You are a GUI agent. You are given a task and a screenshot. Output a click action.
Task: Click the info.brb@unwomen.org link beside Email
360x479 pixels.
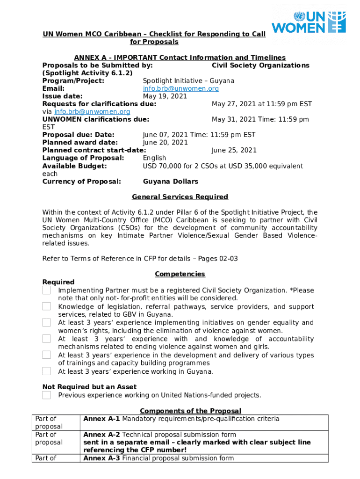[x=180, y=88]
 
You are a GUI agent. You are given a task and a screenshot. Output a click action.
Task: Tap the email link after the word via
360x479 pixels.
[x=92, y=112]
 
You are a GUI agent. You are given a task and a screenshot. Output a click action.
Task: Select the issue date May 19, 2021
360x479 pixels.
[x=165, y=96]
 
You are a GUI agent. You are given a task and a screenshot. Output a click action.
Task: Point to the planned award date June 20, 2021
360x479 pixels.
[x=165, y=142]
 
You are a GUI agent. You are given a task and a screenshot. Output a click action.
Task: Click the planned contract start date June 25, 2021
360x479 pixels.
[x=234, y=150]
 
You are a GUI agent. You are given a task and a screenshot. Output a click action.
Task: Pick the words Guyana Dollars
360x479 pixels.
[x=170, y=181]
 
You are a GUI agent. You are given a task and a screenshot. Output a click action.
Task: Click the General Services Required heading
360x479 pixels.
[x=180, y=197]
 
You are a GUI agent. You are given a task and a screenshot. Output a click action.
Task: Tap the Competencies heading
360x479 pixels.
[x=180, y=274]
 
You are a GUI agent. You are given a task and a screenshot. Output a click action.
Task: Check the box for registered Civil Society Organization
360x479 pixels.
[x=47, y=290]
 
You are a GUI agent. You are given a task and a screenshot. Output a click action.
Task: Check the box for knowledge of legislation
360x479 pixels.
[x=47, y=306]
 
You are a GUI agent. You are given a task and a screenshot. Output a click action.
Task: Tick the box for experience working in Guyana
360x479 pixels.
[x=47, y=371]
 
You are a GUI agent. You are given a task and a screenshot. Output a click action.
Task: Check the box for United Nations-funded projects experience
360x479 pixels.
[x=47, y=395]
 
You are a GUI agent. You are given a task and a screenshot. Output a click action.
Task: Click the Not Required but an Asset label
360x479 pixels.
[x=89, y=387]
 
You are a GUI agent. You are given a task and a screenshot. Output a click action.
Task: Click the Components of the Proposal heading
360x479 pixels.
[x=190, y=411]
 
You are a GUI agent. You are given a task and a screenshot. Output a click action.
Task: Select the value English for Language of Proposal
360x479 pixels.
[x=154, y=158]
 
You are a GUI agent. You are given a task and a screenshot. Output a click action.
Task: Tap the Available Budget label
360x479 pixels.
[x=74, y=166]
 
